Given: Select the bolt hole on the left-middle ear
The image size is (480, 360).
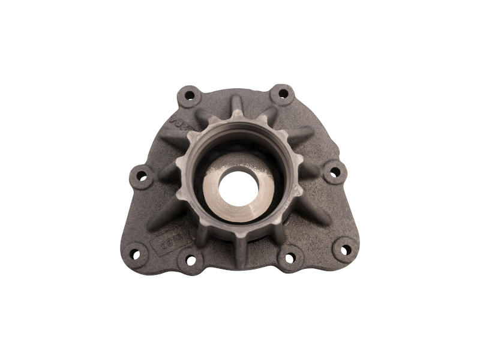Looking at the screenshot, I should pos(142,176).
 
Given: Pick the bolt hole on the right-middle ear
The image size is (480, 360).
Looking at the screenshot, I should pos(335,172).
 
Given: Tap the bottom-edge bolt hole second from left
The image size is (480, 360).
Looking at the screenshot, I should pos(191,260).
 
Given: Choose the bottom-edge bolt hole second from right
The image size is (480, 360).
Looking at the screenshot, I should pos(290,259).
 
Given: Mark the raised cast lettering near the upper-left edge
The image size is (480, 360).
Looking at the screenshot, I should pos(179,124).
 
